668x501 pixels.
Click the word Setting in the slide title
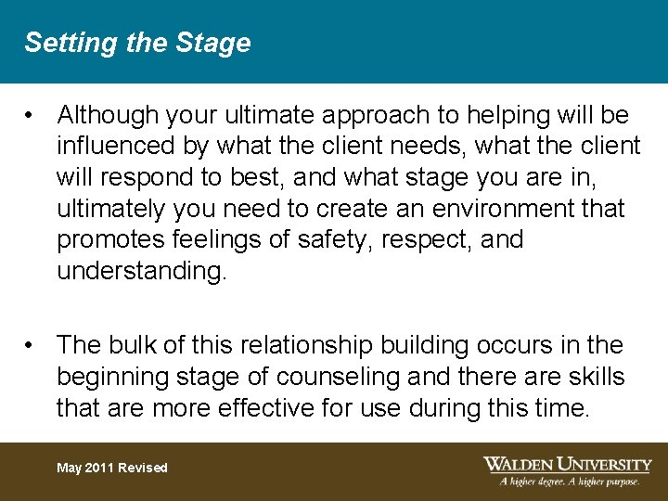58,44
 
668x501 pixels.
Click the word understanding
141,272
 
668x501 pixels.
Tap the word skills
592,377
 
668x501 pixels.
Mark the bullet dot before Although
32,116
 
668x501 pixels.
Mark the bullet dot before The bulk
32,346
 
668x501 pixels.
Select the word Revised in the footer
143,468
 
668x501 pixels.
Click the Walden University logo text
567,463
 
